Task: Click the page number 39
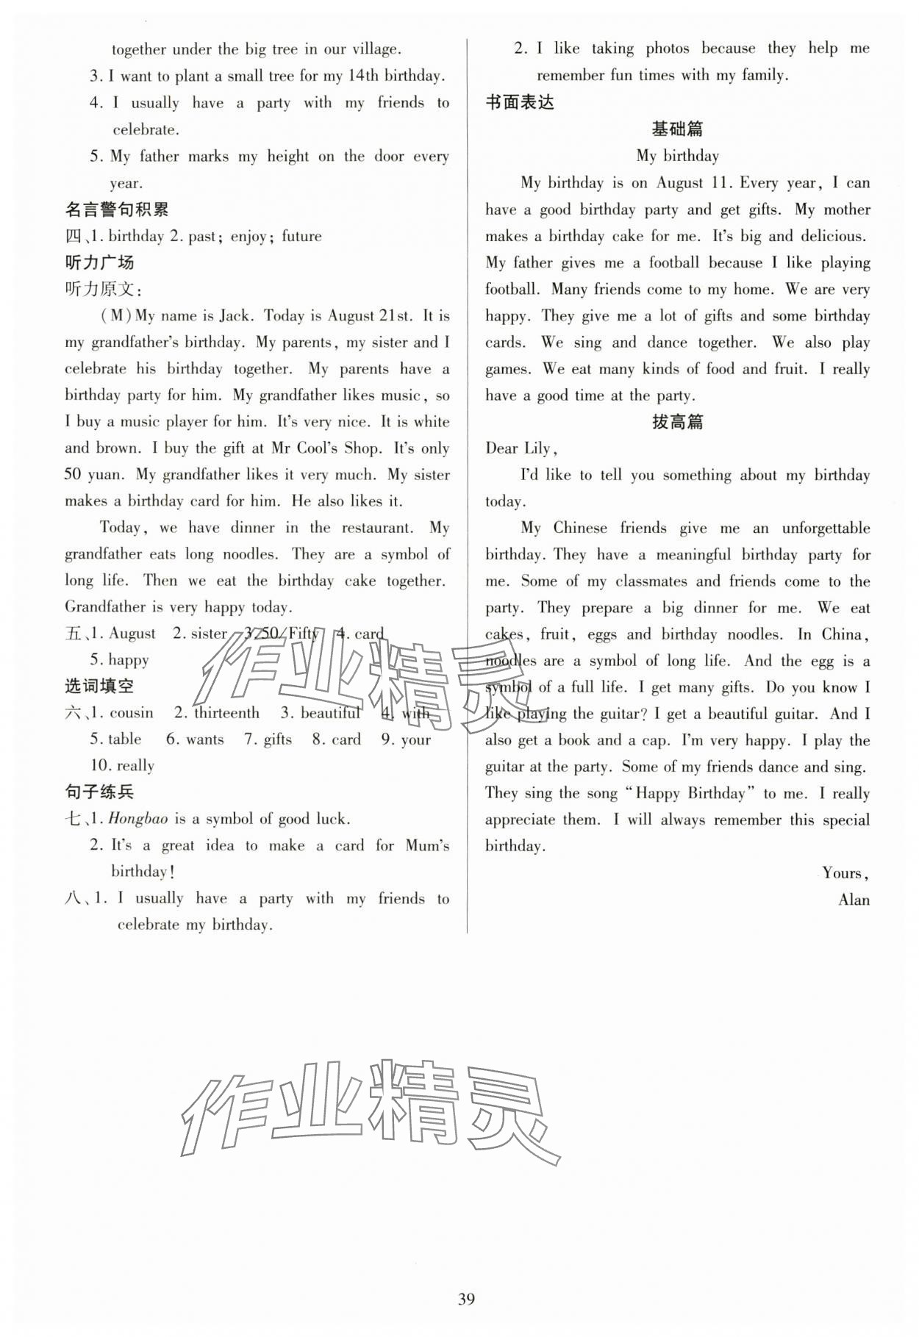466,1299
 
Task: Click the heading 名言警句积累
117,209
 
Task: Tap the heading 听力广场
99,262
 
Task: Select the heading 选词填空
99,686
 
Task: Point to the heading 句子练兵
99,792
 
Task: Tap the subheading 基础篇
677,129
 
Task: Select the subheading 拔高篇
677,422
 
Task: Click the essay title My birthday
677,156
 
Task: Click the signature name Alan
854,900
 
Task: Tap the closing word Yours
844,873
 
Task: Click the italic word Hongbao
138,819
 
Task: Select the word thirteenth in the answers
226,713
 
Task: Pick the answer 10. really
122,766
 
